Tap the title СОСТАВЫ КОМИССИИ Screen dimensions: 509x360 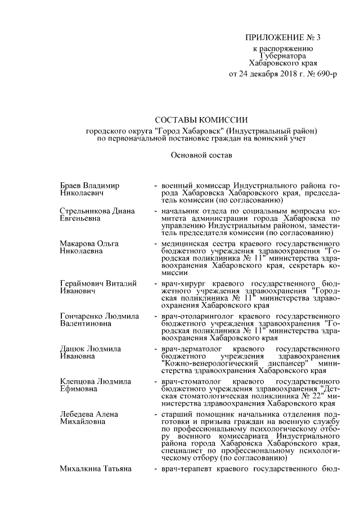[201, 120]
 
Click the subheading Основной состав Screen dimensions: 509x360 [201, 153]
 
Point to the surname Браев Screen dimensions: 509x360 [71, 185]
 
